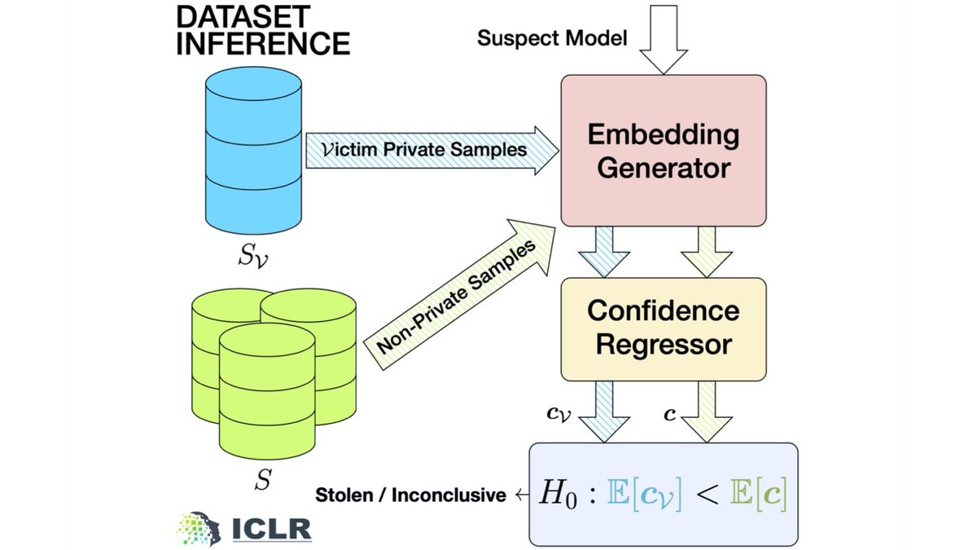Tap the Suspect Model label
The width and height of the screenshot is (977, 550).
click(x=552, y=38)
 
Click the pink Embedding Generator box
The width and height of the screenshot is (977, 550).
click(x=663, y=151)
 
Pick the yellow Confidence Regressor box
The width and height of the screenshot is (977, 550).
click(x=664, y=327)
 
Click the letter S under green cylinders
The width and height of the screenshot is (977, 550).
click(x=262, y=480)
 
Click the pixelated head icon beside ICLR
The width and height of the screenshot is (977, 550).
click(x=199, y=527)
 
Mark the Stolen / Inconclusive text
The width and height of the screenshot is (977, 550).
click(x=410, y=495)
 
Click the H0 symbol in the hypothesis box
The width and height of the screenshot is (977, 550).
click(x=559, y=495)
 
